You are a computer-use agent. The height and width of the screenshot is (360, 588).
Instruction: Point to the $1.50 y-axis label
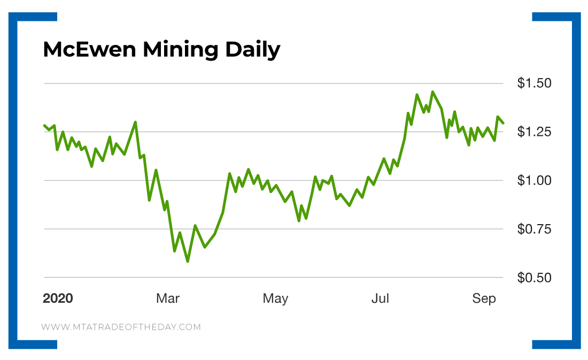(x=535, y=83)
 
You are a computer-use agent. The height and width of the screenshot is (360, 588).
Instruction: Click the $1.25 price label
(x=535, y=132)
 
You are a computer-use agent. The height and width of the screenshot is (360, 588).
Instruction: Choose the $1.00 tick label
(x=535, y=181)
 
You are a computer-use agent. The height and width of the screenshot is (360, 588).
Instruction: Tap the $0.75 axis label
(x=535, y=229)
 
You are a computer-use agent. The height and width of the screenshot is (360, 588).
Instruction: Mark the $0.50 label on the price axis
(x=535, y=278)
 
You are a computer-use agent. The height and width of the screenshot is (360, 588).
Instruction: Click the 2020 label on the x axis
(x=58, y=298)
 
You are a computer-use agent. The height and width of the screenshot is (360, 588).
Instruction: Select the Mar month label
(x=167, y=298)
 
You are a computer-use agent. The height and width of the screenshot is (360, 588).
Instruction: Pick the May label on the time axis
(x=275, y=298)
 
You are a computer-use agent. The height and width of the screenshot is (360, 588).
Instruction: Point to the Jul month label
(x=380, y=298)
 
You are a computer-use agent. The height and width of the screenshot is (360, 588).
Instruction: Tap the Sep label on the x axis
(x=484, y=298)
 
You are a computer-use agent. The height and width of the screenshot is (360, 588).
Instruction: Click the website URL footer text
(x=121, y=327)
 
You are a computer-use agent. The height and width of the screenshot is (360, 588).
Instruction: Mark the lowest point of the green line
(x=188, y=261)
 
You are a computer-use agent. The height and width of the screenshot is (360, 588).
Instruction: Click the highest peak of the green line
(x=432, y=92)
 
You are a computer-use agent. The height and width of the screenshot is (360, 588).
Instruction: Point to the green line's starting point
(x=44, y=125)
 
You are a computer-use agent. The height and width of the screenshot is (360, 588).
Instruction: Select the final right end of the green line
(x=503, y=123)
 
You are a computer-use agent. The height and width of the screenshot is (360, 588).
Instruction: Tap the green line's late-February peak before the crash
(x=135, y=122)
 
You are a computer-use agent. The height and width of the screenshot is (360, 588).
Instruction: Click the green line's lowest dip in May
(x=299, y=220)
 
